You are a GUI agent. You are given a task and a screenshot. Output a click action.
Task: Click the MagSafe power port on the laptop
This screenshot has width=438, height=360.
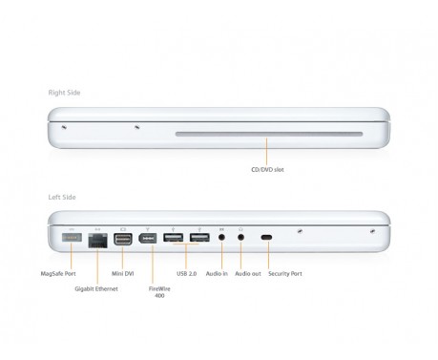pos(72,236)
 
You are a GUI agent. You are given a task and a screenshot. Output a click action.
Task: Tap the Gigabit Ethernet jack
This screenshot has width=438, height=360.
pos(96,239)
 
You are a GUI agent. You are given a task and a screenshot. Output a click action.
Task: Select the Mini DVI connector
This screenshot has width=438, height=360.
pos(122,237)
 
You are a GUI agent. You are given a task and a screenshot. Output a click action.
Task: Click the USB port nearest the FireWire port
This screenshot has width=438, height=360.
pos(174,237)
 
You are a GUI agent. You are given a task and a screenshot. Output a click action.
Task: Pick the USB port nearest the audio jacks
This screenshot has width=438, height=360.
pos(198,237)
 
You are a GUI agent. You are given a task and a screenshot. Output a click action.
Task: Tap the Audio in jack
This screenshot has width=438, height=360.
pos(221,237)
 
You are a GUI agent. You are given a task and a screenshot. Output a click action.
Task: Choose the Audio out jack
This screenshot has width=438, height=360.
pos(240,237)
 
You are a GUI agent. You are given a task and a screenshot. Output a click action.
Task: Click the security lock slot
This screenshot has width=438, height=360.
pos(266,237)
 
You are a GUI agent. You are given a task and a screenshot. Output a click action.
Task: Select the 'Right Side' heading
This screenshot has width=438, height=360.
pos(66,93)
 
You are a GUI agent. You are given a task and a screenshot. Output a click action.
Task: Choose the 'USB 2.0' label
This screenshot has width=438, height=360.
pos(187,273)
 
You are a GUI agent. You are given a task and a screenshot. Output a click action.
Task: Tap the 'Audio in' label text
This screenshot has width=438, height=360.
pos(219,273)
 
